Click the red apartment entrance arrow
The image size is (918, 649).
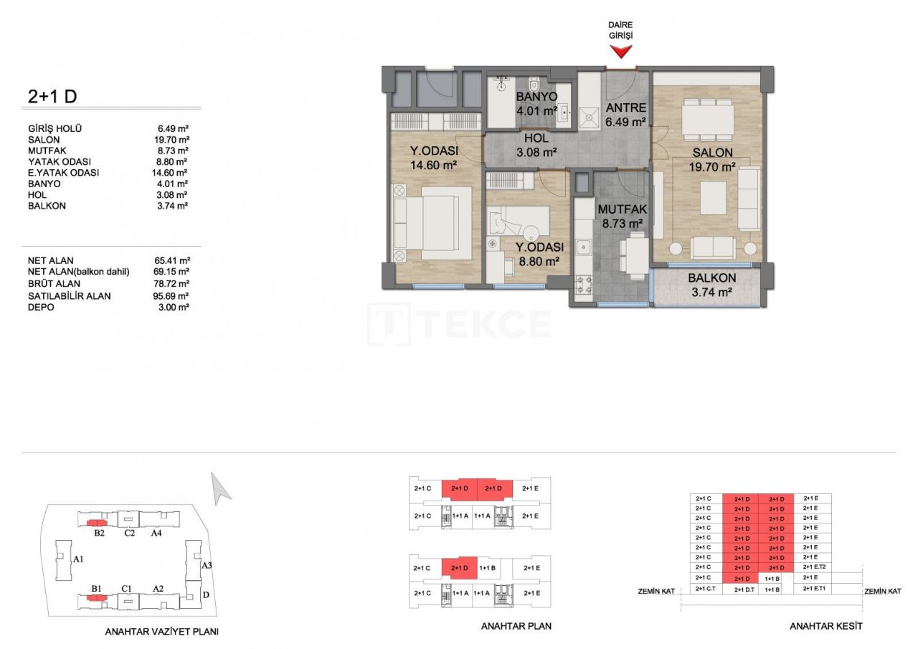(x=621, y=51)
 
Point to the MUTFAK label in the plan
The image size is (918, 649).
(x=623, y=210)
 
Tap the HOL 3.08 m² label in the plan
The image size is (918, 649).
(x=536, y=146)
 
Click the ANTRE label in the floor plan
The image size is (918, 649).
(x=626, y=108)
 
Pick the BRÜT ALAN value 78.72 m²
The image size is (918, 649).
(x=174, y=283)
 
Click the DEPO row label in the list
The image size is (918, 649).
(x=40, y=307)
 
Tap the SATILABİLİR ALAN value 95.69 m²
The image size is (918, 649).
(x=174, y=295)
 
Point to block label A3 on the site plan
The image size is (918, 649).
(x=207, y=565)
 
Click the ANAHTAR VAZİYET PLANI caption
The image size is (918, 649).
(x=161, y=632)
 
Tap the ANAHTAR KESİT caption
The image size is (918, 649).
(x=825, y=626)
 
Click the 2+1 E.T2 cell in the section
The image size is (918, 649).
(x=817, y=567)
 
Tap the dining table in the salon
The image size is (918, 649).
(x=706, y=118)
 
